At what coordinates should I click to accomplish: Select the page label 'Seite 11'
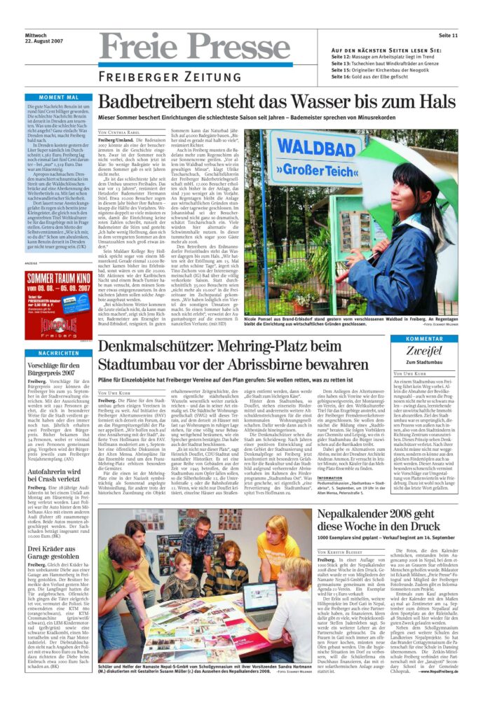(448, 35)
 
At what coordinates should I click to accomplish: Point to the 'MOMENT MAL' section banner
(58, 97)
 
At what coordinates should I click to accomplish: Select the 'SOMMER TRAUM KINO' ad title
(57, 278)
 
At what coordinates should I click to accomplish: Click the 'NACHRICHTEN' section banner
(58, 353)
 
